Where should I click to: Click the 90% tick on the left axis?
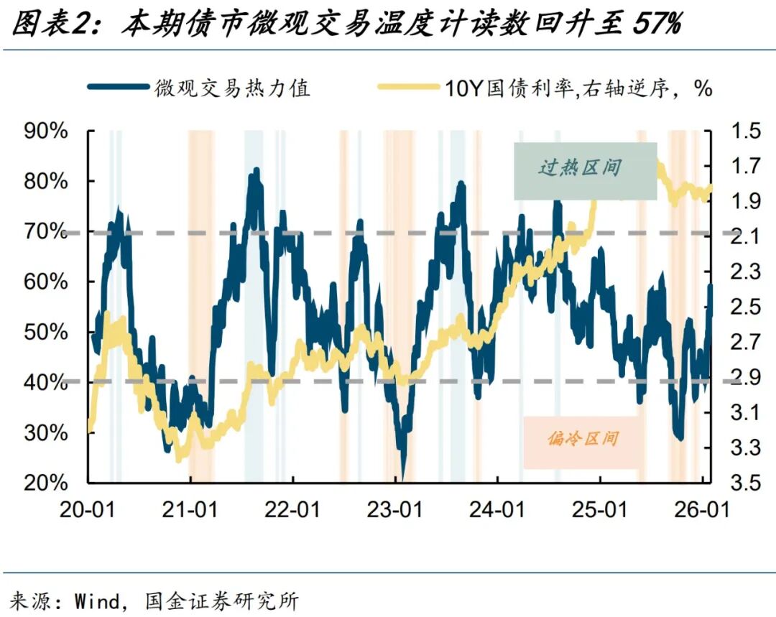47,131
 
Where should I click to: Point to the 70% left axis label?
47,232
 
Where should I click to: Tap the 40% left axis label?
47,382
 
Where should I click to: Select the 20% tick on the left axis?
47,482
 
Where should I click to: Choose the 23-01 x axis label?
396,510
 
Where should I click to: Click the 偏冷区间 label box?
583,439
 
